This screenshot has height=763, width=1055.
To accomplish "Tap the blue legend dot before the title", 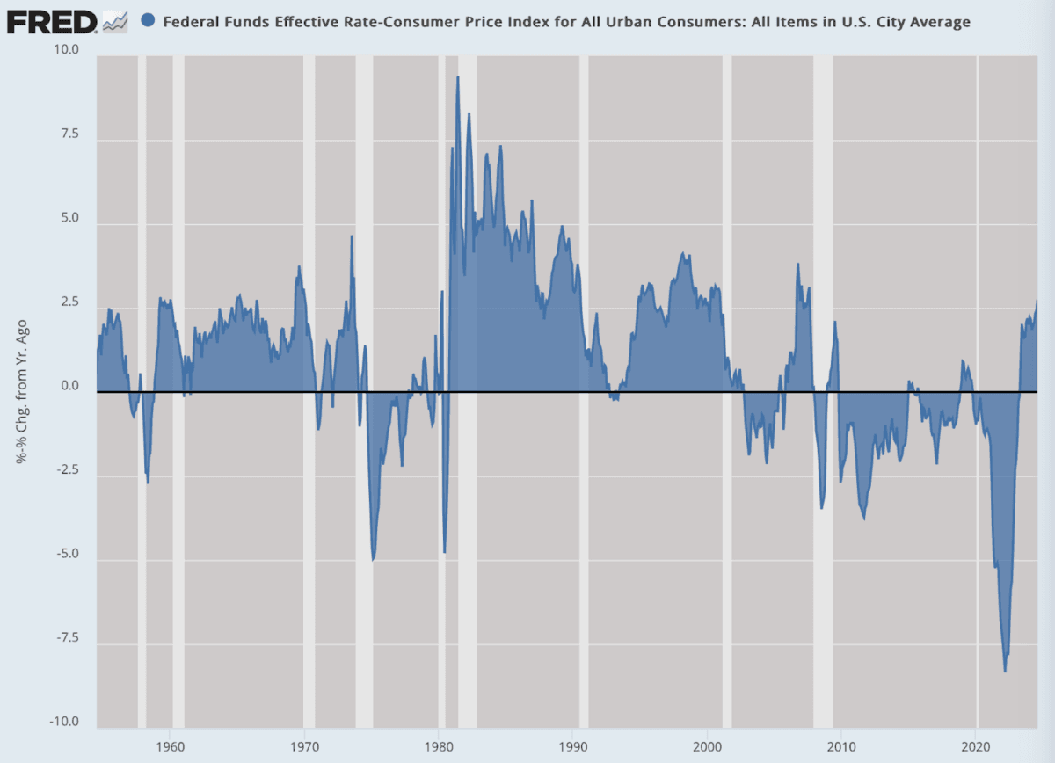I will pyautogui.click(x=148, y=21).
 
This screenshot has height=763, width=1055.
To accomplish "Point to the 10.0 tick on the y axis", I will pyautogui.click(x=65, y=50).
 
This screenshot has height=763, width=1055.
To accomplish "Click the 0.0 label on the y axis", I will pyautogui.click(x=69, y=387).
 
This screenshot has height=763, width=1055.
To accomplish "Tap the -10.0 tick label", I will pyautogui.click(x=62, y=723).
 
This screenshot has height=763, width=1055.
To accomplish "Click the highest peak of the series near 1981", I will pyautogui.click(x=458, y=77).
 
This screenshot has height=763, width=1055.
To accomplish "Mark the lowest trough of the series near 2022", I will pyautogui.click(x=1005, y=672).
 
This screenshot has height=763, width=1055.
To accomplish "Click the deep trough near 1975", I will pyautogui.click(x=374, y=559).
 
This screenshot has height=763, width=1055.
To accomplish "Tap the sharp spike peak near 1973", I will pyautogui.click(x=353, y=236).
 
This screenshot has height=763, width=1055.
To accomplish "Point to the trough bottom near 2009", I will pyautogui.click(x=822, y=507).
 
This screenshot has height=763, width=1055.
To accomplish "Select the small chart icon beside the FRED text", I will pyautogui.click(x=114, y=21).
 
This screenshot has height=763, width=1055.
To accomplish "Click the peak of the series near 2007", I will pyautogui.click(x=798, y=264).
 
